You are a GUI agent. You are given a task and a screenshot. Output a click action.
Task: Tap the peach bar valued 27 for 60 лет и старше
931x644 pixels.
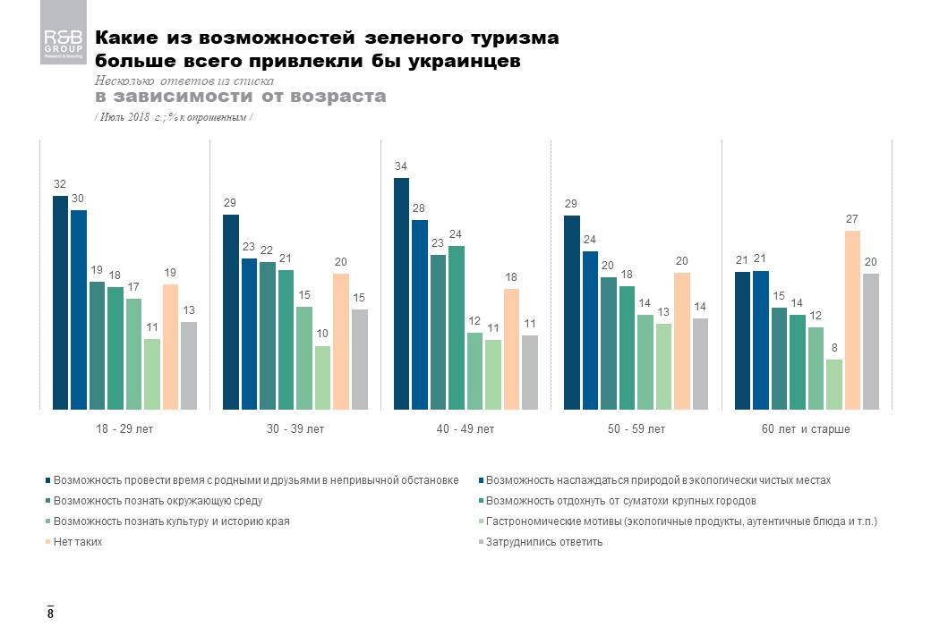[851, 320]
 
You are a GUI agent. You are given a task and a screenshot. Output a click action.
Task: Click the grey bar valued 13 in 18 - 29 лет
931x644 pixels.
[188, 365]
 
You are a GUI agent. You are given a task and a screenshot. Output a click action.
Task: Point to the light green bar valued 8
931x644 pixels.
[833, 385]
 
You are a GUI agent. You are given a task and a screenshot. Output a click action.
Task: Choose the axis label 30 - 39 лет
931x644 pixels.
[295, 429]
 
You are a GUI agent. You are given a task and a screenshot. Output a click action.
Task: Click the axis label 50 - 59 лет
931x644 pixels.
[636, 429]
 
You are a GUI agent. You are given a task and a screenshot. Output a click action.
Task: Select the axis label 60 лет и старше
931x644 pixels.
[806, 429]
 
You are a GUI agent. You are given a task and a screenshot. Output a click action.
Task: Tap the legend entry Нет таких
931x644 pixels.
[78, 542]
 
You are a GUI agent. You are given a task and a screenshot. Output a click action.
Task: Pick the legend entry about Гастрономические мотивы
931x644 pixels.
[681, 521]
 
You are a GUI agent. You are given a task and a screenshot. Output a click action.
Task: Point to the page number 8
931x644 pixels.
[50, 614]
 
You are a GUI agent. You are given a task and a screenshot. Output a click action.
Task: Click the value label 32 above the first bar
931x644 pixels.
[59, 183]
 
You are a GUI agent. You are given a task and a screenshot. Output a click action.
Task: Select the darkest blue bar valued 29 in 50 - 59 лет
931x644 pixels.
[571, 312]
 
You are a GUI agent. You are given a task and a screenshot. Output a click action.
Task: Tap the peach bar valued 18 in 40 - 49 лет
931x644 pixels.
[510, 349]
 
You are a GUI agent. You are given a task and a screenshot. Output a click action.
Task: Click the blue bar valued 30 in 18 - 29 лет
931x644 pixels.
[78, 309]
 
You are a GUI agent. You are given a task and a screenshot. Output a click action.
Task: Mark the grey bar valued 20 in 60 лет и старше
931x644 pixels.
[870, 342]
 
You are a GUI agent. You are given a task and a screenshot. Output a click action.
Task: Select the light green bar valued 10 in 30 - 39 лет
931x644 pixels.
[322, 377]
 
